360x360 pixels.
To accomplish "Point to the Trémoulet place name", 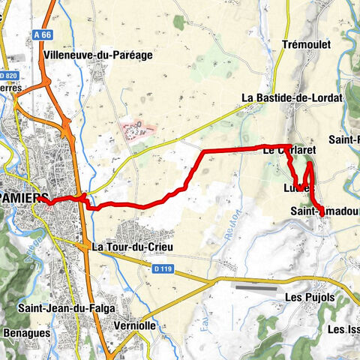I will (305, 44).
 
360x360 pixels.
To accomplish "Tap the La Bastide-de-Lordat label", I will (292, 97).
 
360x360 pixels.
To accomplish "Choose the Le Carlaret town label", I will (289, 151).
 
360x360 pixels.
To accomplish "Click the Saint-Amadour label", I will (324, 212).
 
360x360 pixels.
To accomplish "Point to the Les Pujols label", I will (310, 297).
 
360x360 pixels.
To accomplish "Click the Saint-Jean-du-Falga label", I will (56, 307).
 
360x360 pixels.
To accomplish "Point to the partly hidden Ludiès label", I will (295, 188).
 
